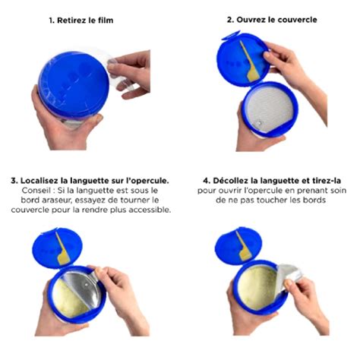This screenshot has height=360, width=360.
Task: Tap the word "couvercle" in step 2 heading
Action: [x=297, y=19]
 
